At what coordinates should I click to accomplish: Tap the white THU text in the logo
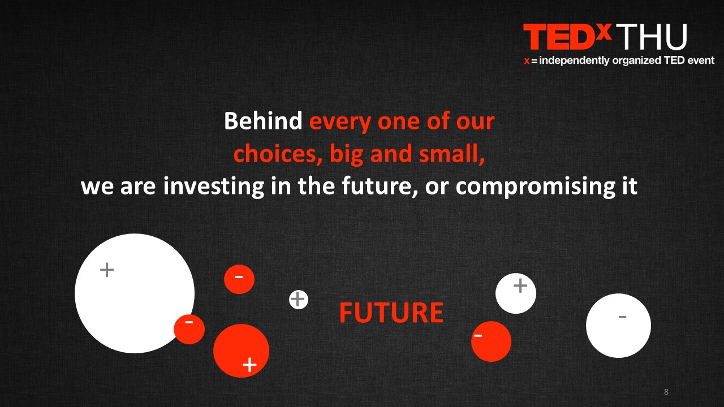[x=652, y=37]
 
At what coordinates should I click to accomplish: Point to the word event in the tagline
[x=701, y=60]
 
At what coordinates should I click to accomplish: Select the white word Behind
[x=263, y=121]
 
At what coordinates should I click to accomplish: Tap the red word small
[x=451, y=154]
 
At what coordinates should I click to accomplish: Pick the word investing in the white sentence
[x=214, y=187]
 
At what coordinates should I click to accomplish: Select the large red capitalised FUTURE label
[x=391, y=313]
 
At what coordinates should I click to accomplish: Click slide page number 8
[x=666, y=392]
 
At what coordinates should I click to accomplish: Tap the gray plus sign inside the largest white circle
[x=107, y=270]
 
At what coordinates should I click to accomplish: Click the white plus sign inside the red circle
[x=249, y=365]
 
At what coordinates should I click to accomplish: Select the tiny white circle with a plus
[x=298, y=300]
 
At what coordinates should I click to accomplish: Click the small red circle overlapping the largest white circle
[x=189, y=329]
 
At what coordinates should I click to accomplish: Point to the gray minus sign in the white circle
[x=623, y=317]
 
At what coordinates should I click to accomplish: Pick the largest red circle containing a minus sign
[x=491, y=341]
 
